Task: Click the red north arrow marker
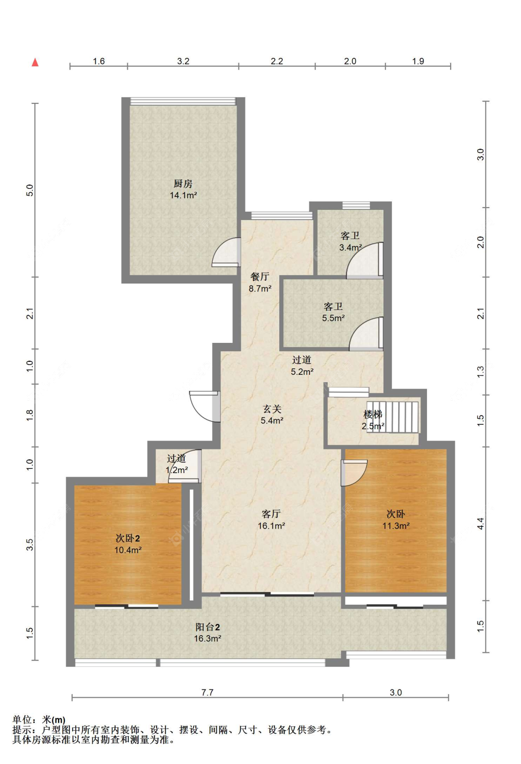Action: (x=35, y=62)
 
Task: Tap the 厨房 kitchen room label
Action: (x=183, y=184)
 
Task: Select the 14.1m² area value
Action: (x=183, y=196)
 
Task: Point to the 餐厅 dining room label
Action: (x=260, y=277)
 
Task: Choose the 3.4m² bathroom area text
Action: (x=351, y=247)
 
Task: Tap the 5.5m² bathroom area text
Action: (x=333, y=318)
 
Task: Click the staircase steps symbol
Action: (x=393, y=417)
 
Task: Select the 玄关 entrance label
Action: (x=272, y=409)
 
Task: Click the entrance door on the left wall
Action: (x=205, y=407)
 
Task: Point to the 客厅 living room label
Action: (x=271, y=514)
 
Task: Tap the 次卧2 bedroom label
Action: (x=128, y=538)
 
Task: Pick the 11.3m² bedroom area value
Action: (x=396, y=525)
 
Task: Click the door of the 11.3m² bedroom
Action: (x=354, y=473)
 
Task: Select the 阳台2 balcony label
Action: (x=207, y=626)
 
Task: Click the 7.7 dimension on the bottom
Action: (x=207, y=692)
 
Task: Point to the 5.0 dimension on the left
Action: (x=30, y=190)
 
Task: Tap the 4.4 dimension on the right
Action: (x=480, y=523)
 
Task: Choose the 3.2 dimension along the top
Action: (x=183, y=61)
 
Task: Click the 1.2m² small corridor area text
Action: (x=176, y=470)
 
